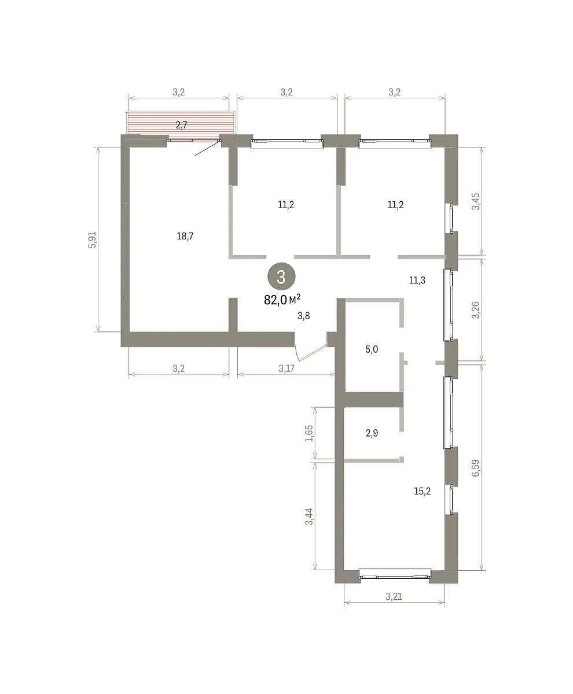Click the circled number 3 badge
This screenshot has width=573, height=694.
tap(281, 276)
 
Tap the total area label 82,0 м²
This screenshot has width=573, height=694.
tap(282, 300)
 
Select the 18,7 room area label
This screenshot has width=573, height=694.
tap(185, 237)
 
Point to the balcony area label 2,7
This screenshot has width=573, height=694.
tap(181, 125)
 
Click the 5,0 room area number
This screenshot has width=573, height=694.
tap(372, 349)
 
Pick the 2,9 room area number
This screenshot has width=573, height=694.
tap(372, 433)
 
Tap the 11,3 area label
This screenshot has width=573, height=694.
tap(417, 280)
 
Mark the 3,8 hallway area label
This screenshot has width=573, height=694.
tap(303, 316)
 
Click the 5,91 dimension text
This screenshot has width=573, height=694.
tap(92, 239)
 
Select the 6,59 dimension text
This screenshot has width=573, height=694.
tap(476, 468)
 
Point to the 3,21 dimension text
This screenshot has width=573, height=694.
tap(394, 597)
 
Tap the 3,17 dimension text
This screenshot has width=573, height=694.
tap(286, 368)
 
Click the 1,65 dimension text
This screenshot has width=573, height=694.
tap(309, 433)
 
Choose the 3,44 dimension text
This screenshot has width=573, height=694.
tap(309, 516)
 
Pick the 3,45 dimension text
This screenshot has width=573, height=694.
tap(476, 201)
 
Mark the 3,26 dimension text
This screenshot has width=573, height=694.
tap(476, 310)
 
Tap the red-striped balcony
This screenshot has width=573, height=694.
tap(181, 123)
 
